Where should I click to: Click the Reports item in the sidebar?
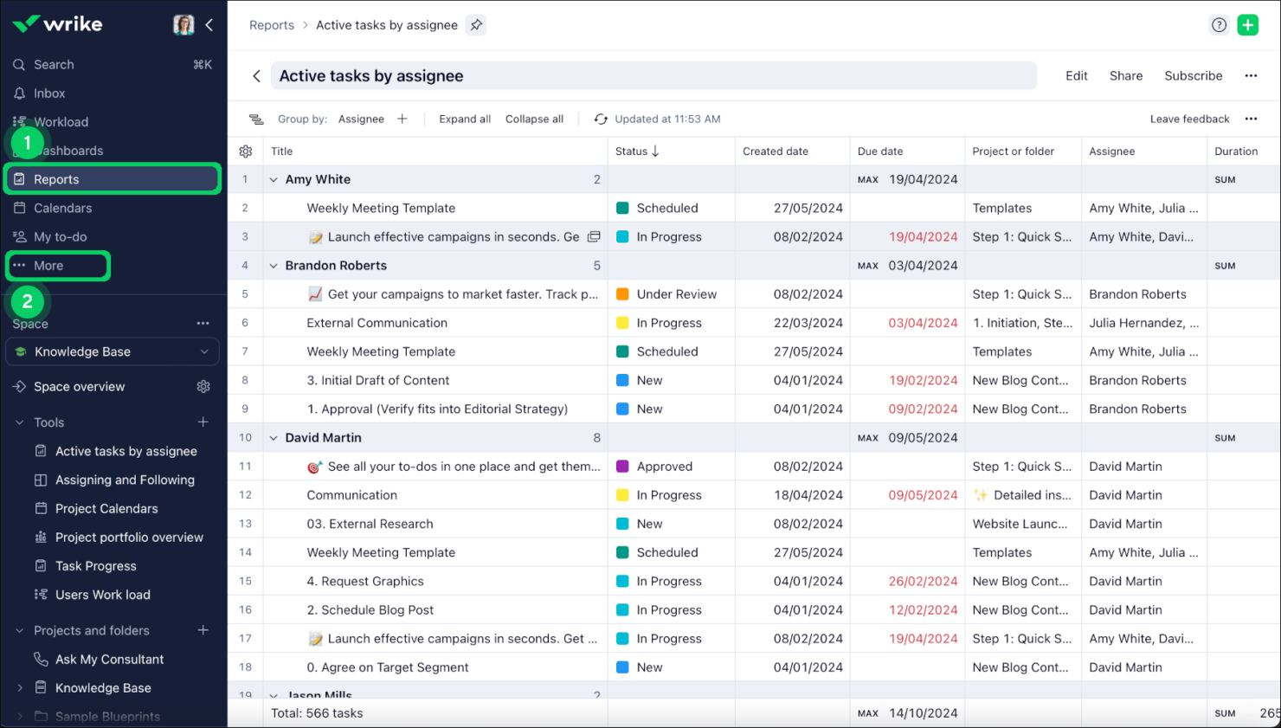coord(56,179)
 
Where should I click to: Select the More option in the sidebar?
coord(48,266)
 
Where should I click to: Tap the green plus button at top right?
coord(1247,25)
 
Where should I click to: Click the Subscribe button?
coord(1193,76)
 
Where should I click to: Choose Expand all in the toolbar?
coord(465,119)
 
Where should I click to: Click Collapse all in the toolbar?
coord(534,119)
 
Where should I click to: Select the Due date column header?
coord(879,151)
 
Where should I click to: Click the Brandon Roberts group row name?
coord(336,266)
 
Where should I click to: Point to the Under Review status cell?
coord(676,294)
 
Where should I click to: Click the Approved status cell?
coord(664,467)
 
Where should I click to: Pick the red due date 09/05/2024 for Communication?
coord(923,495)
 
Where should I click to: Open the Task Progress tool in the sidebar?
coord(95,566)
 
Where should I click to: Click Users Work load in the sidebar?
coord(102,595)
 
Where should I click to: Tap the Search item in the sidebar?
coord(54,65)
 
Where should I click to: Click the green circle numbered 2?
coord(28,301)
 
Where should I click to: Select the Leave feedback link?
coord(1189,119)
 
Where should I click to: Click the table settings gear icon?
coord(246,151)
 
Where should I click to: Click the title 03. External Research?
coord(370,524)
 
